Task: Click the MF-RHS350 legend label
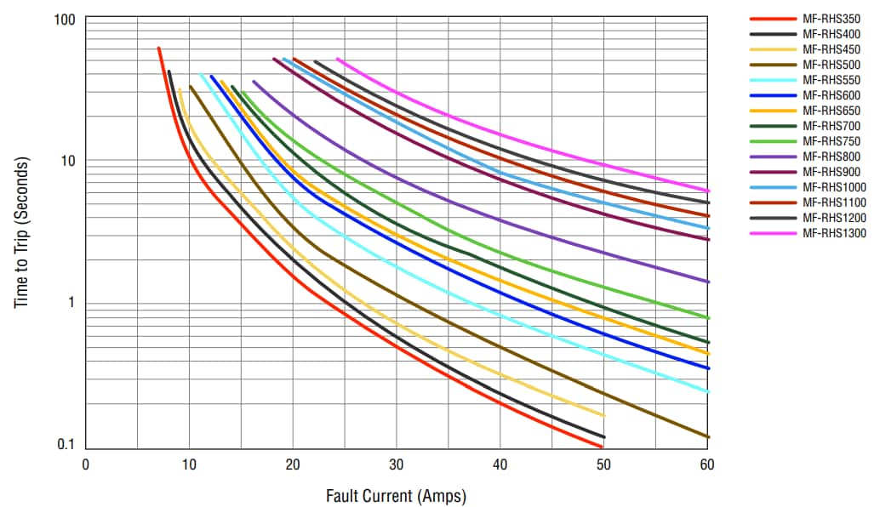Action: (x=831, y=19)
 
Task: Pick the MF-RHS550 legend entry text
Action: (x=831, y=80)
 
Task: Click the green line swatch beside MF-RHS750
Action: (x=772, y=141)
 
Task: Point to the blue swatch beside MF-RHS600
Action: (x=772, y=95)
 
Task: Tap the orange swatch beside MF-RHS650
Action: (x=772, y=111)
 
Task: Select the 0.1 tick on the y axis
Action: (x=67, y=445)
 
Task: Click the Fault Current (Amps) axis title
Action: (x=396, y=495)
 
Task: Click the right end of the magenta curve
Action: (x=708, y=191)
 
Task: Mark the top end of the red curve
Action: (x=158, y=48)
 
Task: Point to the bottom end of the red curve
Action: (x=602, y=447)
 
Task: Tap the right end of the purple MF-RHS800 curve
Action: (x=708, y=282)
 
